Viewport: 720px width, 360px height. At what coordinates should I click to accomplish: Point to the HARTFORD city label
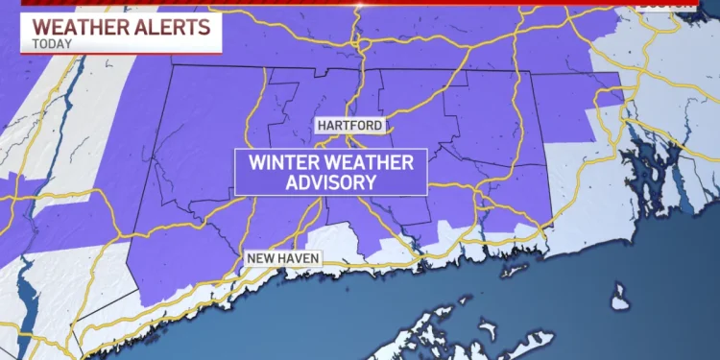351,126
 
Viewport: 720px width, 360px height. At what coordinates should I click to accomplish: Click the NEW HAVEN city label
283,257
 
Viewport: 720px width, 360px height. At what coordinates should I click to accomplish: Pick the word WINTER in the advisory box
286,161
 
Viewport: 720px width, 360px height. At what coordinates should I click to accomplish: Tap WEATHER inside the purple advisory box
369,161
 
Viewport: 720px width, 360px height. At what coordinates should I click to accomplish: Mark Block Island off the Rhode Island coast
620,289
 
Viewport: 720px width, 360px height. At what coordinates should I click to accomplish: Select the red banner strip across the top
384,4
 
